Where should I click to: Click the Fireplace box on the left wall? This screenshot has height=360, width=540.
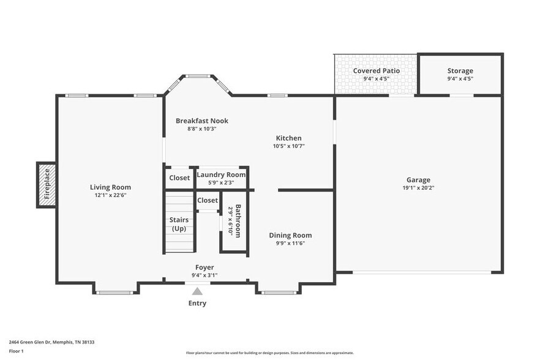point(47,185)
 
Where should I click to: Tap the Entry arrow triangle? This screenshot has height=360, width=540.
point(197,292)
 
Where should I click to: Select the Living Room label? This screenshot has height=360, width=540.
point(110,187)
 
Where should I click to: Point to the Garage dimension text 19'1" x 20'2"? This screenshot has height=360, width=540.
point(418,188)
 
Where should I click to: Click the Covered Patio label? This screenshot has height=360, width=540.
point(377,71)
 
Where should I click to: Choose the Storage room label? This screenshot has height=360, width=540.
point(460,71)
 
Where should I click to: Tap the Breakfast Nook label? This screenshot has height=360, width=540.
point(201,121)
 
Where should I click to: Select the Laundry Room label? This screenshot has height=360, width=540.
point(221,174)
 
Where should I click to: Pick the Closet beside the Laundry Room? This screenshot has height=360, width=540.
point(179,178)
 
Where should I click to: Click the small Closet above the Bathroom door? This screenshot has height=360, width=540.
point(208,200)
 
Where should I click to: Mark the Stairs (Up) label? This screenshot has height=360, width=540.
point(179,224)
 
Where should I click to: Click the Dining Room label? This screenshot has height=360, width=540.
point(290,235)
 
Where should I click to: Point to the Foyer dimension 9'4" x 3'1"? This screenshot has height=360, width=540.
point(204,275)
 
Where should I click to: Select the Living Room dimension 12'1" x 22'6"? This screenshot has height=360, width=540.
point(110,195)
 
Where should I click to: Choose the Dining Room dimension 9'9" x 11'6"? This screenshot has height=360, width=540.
point(290,243)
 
